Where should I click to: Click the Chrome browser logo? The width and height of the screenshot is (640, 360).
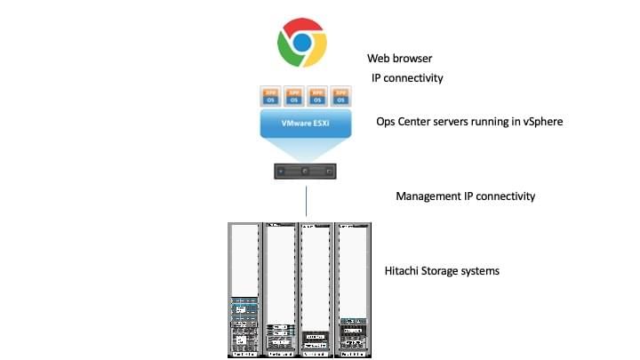point(302,42)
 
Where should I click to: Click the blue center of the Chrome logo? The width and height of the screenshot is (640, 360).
point(302,42)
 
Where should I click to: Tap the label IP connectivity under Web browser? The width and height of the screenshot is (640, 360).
point(407,78)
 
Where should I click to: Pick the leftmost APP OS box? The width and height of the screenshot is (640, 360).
point(271,95)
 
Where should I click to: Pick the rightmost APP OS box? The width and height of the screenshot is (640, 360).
point(340,95)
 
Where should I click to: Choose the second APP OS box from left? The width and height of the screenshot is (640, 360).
point(294,95)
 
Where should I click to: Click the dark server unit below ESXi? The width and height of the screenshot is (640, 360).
point(305,170)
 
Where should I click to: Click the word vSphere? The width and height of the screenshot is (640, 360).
point(540,123)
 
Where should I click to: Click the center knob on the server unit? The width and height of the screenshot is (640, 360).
point(305,170)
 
